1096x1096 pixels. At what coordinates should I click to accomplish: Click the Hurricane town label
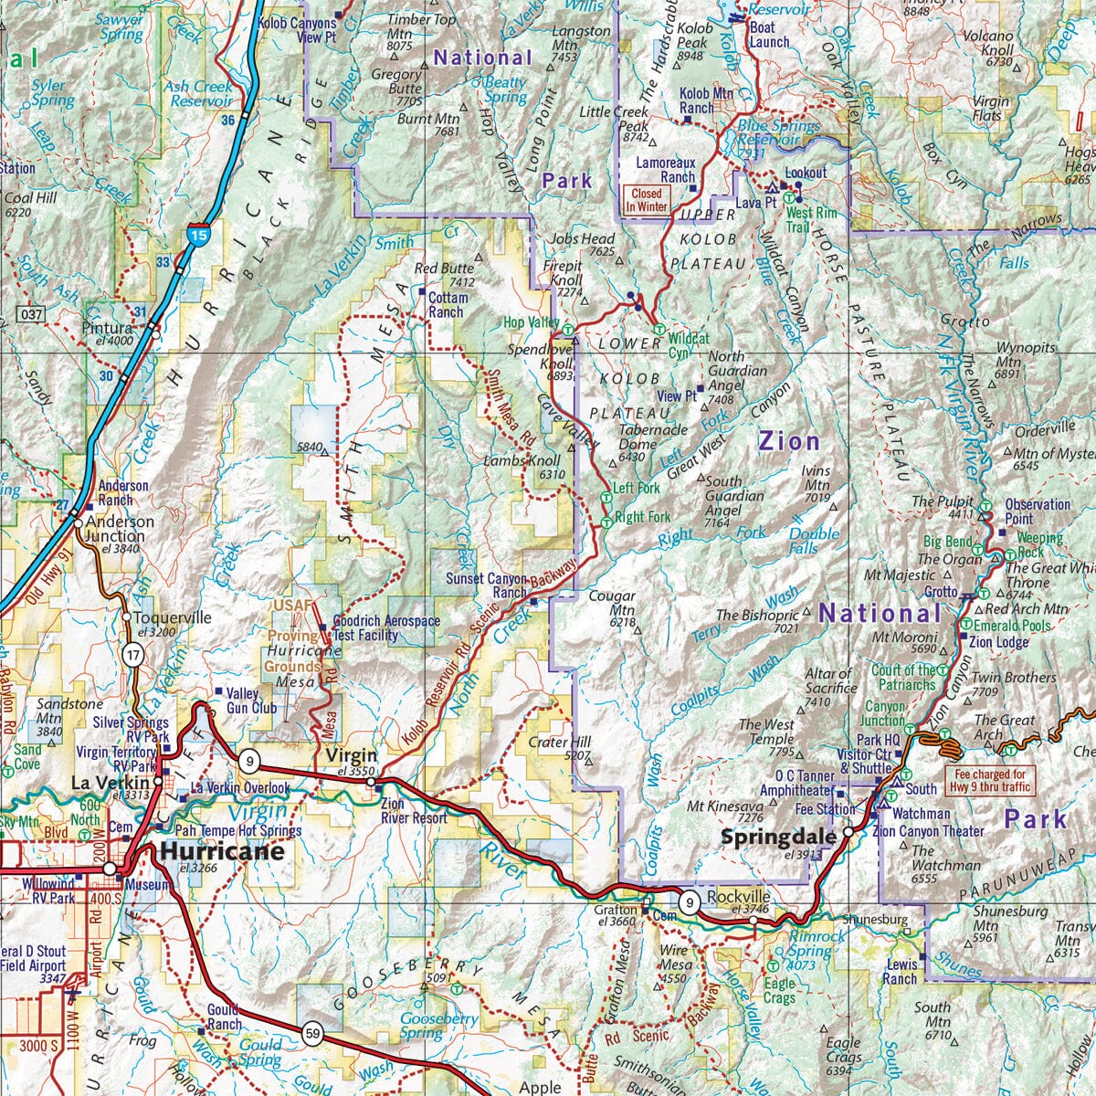pos(221,851)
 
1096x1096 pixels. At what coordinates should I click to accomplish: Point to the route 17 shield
pos(133,654)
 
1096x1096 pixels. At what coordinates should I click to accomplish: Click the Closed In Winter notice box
pos(647,200)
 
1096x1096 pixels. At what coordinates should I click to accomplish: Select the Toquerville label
pos(173,617)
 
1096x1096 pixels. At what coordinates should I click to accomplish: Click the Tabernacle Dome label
pos(653,437)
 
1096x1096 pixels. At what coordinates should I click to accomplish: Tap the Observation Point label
pos(1038,511)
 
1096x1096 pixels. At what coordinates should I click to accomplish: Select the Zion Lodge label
pos(999,642)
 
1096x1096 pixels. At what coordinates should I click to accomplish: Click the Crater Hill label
pos(560,742)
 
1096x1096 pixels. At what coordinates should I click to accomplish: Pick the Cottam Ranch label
pos(446,305)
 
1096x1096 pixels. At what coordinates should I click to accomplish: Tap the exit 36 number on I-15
pos(228,120)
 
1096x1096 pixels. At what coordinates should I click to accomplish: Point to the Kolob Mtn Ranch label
pos(707,100)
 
